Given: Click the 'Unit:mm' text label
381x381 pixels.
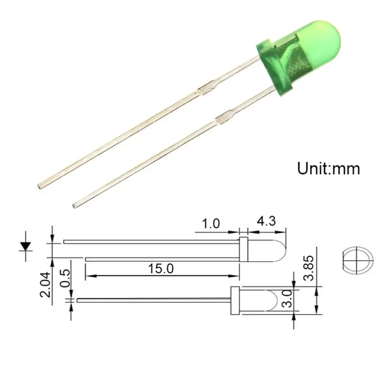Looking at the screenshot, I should click(x=328, y=168).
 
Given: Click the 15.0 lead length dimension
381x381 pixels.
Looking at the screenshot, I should click(x=161, y=269).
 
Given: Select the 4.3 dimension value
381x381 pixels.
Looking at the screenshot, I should click(x=267, y=221).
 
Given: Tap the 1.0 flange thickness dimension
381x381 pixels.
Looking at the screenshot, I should click(x=211, y=223).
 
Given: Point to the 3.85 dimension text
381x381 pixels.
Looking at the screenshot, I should click(x=309, y=268).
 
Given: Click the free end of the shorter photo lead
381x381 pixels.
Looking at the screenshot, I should click(x=75, y=205).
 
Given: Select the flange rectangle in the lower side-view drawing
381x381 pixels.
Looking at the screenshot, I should click(x=235, y=301).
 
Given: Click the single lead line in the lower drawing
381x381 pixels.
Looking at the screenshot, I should click(x=152, y=300).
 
